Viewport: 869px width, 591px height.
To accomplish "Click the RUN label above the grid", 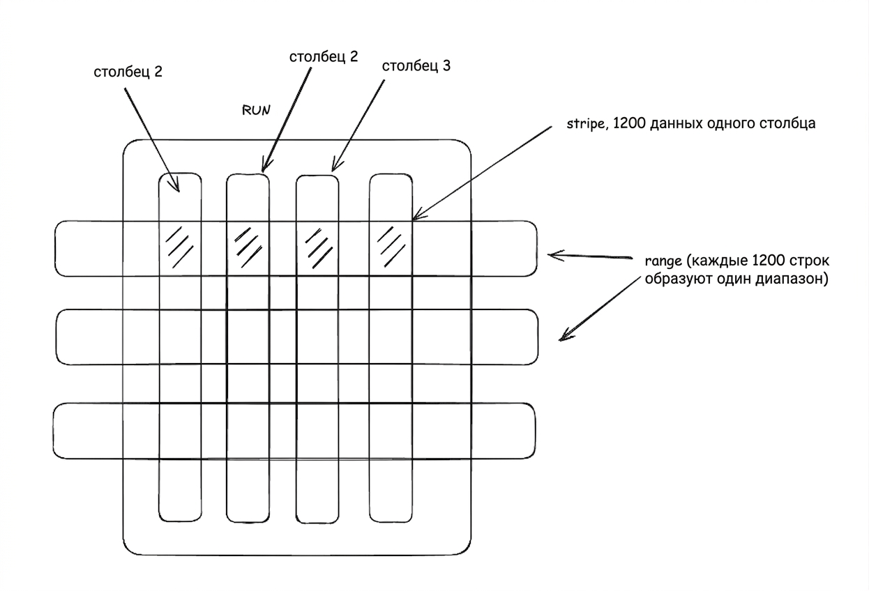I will tap(256, 109).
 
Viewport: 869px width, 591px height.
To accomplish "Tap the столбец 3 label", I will tap(416, 67).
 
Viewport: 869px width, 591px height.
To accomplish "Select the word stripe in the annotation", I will tap(587, 125).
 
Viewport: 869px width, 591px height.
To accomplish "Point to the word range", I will tap(663, 263).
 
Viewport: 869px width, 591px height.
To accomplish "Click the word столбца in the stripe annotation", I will tap(787, 125).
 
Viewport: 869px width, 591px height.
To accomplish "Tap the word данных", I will tap(674, 125).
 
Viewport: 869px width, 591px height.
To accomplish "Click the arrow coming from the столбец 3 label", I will tap(358, 125).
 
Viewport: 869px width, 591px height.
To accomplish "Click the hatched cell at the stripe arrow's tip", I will tap(391, 248).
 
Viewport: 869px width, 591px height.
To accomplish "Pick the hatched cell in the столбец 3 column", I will tap(318, 248).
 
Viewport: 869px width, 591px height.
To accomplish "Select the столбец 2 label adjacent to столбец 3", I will tap(324, 57).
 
